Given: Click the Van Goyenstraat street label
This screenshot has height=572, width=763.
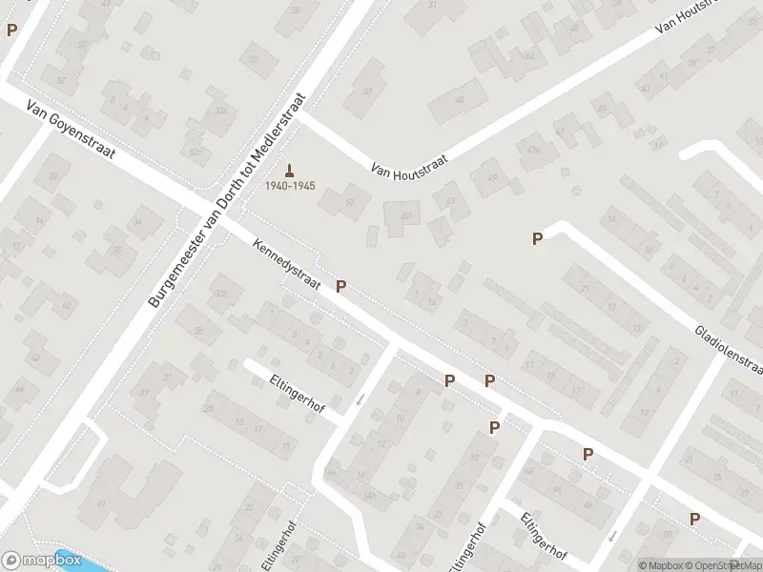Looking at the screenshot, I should [x=71, y=133].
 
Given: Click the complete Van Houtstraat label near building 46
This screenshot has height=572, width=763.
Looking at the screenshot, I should [x=409, y=169].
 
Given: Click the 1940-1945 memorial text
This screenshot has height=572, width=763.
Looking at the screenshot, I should [x=290, y=185].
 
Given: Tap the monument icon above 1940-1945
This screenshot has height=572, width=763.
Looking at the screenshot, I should [x=290, y=169].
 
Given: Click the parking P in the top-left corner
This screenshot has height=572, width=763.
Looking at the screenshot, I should [x=11, y=30].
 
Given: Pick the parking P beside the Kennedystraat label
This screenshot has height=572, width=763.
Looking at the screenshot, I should [x=340, y=286].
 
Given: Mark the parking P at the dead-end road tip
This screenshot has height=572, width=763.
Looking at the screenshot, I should [x=537, y=238].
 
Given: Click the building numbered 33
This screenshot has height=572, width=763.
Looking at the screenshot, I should [x=367, y=91].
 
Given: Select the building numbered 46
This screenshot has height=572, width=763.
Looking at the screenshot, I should [x=458, y=100].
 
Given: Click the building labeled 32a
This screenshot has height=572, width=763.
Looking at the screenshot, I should [x=221, y=295].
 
